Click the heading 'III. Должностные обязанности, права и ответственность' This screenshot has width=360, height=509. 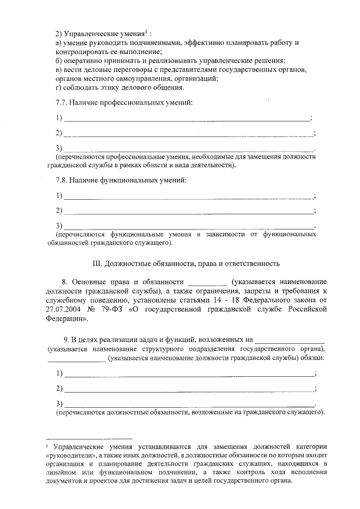186,263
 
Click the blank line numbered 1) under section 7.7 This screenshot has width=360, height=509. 187,119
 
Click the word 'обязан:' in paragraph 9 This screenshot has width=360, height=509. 312,358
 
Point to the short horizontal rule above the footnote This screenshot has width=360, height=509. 89,438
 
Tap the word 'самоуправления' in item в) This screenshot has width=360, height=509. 120,78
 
